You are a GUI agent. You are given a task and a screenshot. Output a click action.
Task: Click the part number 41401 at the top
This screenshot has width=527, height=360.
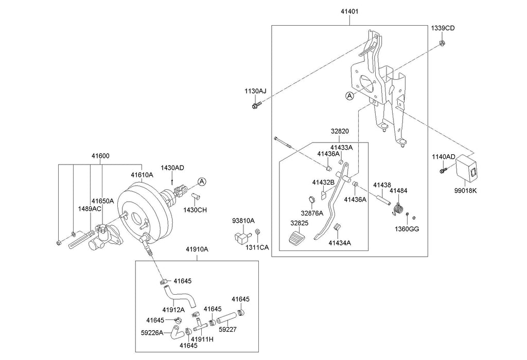[349, 11]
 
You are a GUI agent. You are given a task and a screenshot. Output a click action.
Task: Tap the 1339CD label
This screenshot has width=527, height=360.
[443, 28]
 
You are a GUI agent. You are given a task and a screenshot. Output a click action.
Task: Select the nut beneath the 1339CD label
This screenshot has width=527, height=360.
[442, 43]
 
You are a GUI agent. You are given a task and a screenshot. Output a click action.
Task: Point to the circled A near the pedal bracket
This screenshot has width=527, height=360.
[349, 96]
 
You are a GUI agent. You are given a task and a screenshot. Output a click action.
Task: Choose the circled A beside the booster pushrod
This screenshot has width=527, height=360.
[201, 182]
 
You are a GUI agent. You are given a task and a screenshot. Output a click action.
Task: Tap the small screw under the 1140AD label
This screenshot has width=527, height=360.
[443, 170]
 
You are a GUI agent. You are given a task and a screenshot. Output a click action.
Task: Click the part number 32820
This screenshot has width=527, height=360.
[340, 131]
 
